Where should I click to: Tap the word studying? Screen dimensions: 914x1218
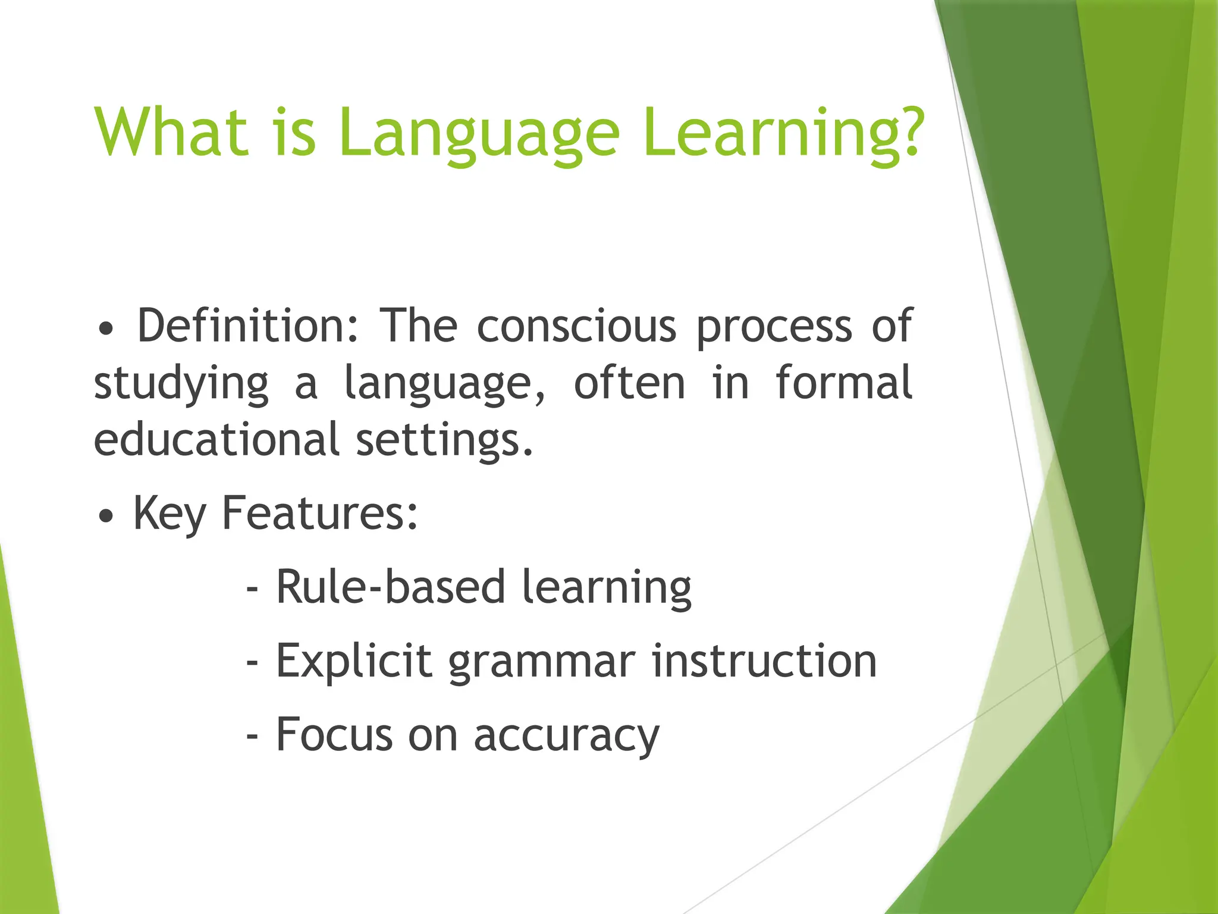point(181,384)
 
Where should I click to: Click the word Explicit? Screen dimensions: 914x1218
point(354,661)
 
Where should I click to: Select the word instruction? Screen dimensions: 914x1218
point(764,661)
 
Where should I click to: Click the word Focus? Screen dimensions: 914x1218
point(334,734)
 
